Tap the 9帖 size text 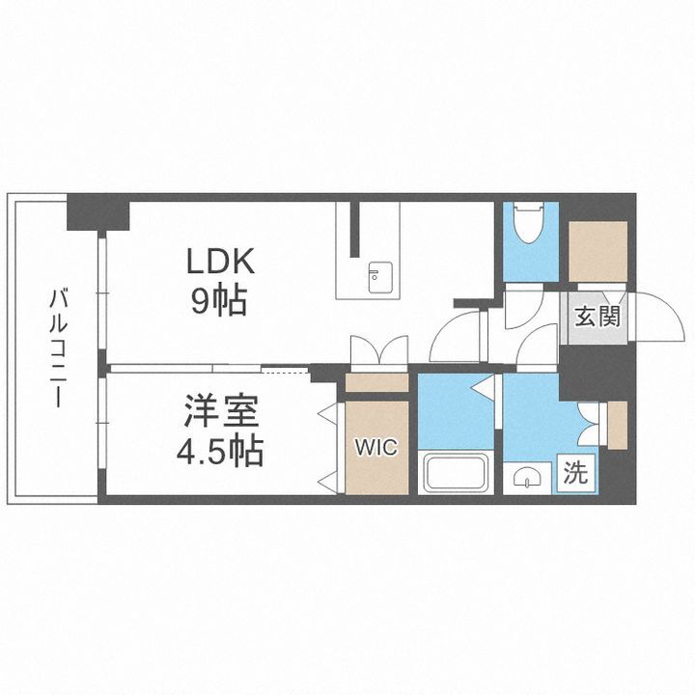click(x=219, y=302)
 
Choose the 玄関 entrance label click(x=597, y=317)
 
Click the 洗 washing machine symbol click(x=575, y=474)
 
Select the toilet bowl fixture click(x=529, y=224)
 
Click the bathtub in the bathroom click(x=458, y=473)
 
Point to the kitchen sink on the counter click(x=375, y=277)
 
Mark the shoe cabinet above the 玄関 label click(x=598, y=252)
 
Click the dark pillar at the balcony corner click(x=97, y=212)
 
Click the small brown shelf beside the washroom click(x=617, y=425)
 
